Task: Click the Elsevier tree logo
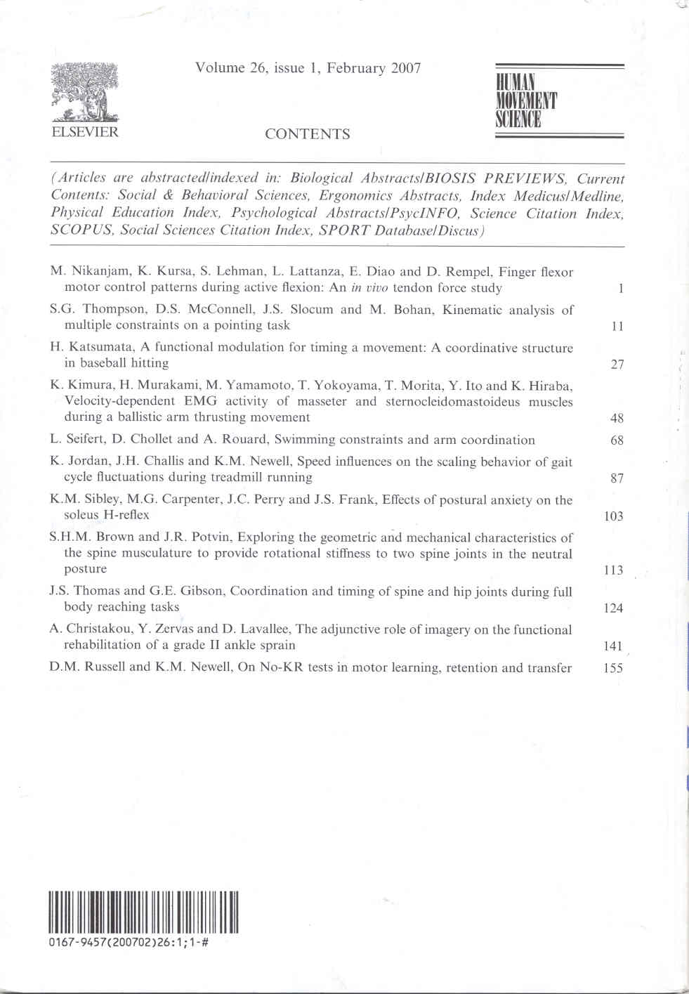point(84,92)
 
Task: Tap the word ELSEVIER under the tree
point(84,131)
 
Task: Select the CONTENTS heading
point(307,134)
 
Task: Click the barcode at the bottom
point(143,912)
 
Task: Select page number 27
point(617,364)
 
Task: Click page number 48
point(617,418)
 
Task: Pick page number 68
point(617,440)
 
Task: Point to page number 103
point(613,516)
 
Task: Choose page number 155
point(613,668)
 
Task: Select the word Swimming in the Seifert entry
point(304,440)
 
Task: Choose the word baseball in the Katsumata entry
point(103,363)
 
